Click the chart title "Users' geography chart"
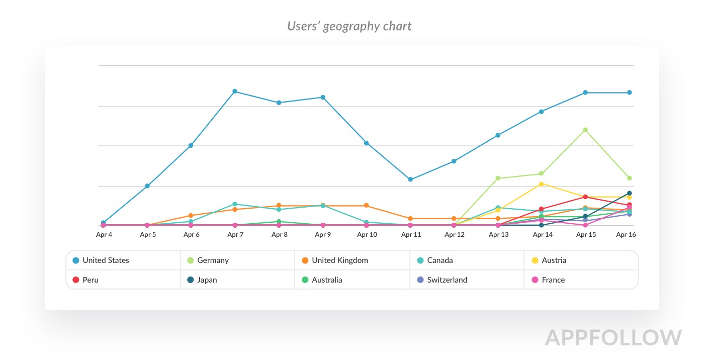coord(349,26)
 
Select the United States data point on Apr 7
coord(235,92)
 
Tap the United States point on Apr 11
coord(410,179)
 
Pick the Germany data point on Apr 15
coord(585,130)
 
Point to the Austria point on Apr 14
coord(542,184)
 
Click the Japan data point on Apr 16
coord(629,193)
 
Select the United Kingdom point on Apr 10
coord(367,206)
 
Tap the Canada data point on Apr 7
coord(235,204)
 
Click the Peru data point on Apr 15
coord(585,197)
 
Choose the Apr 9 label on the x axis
coord(323,235)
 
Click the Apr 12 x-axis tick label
coord(455,235)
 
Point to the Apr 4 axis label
coord(104,235)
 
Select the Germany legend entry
coord(213,260)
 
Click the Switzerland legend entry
coord(447,280)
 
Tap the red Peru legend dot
coord(76,280)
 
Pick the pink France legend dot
coord(535,280)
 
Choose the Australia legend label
coord(327,280)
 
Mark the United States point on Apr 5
coord(147,186)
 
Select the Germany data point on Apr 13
coord(498,178)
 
